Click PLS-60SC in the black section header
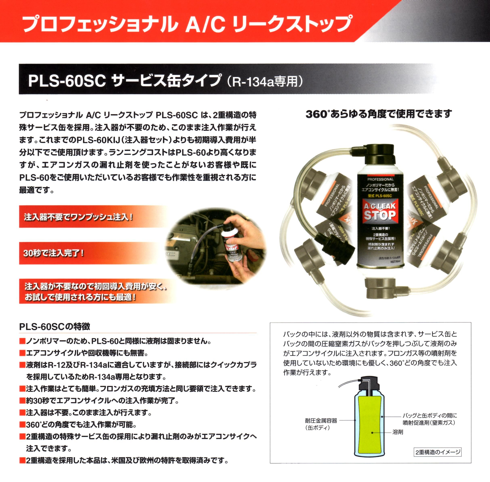pyautogui.click(x=67, y=81)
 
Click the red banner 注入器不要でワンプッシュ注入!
pyautogui.click(x=79, y=217)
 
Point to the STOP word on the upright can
pyautogui.click(x=380, y=215)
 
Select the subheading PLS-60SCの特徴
pyautogui.click(x=55, y=327)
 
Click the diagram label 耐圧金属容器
pyautogui.click(x=321, y=421)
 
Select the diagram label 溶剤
pyautogui.click(x=398, y=432)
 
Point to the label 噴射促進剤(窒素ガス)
pyautogui.click(x=429, y=423)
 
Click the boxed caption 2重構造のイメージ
pyautogui.click(x=438, y=452)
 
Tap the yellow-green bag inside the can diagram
pyautogui.click(x=369, y=425)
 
